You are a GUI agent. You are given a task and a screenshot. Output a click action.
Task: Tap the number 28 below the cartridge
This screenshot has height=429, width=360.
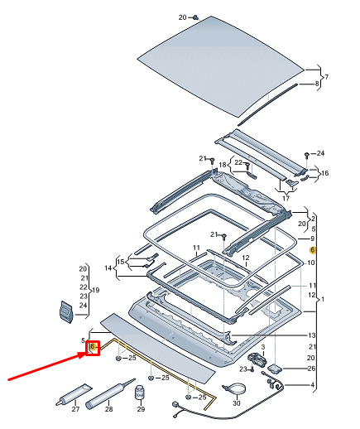coord(109,409)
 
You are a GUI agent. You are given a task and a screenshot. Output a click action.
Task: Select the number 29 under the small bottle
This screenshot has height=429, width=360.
coord(141,409)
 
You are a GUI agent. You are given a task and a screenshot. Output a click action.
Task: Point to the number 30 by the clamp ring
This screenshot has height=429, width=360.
coord(237,403)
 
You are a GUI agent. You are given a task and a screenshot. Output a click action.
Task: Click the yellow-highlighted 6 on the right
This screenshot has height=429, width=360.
coord(312,249)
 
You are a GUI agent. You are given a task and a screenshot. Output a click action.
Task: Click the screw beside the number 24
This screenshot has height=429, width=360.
coord(307,154)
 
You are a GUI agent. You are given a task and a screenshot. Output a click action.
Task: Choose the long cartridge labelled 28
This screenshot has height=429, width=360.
coord(109,391)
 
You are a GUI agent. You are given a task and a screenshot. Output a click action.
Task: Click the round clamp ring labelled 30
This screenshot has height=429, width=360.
coord(234,388)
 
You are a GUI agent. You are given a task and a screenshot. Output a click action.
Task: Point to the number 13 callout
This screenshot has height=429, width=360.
coord(312,335)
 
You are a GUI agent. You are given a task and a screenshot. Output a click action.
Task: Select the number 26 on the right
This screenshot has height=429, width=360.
coord(312,369)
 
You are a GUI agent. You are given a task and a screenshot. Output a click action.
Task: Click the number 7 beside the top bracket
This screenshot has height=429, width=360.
coord(326,77)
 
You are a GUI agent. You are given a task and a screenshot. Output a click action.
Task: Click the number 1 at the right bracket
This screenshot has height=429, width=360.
coord(324,299)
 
